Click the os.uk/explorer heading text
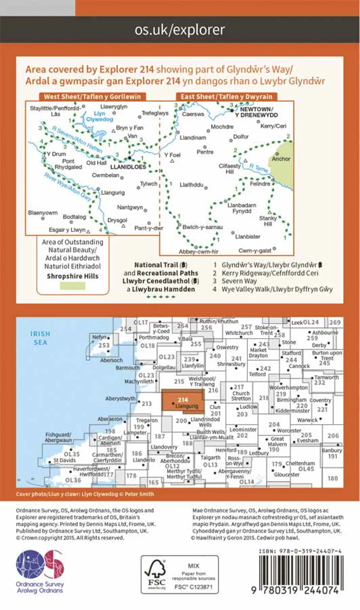[x=180, y=30]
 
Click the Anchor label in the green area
[x=281, y=159]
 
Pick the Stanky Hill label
[x=269, y=221]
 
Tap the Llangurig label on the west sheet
[x=113, y=192]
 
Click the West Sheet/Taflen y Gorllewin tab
[x=92, y=97]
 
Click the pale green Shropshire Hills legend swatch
[x=73, y=285]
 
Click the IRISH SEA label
[x=40, y=338]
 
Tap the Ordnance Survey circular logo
[x=40, y=565]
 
